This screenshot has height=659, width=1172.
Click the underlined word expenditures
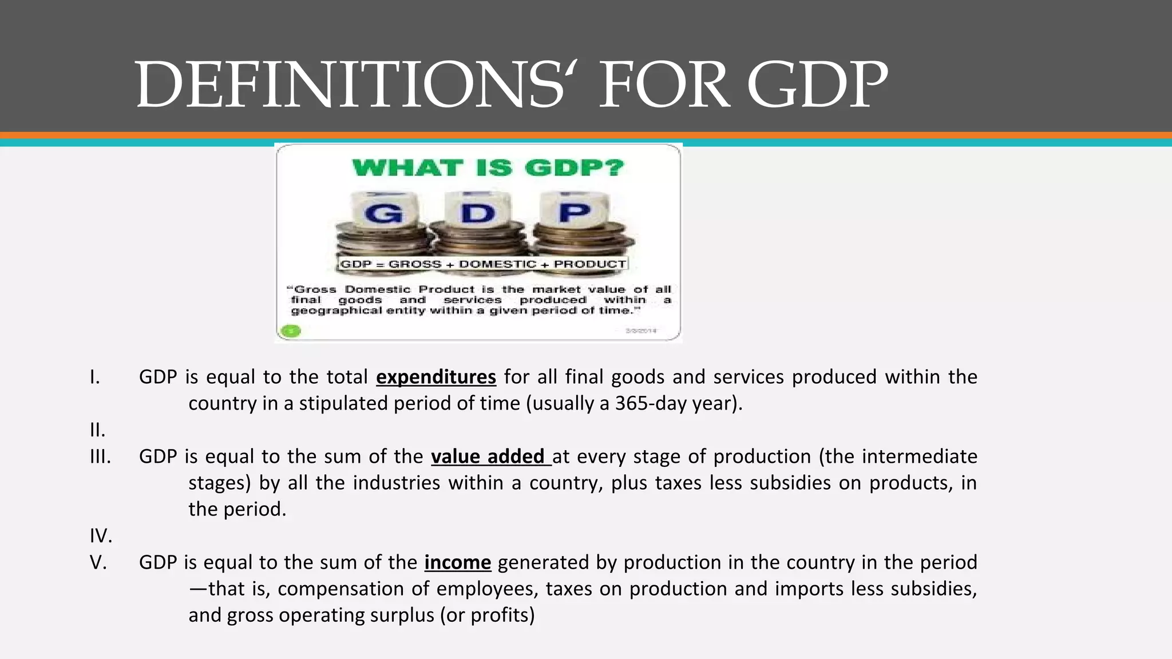435,377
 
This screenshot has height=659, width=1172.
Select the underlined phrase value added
490,456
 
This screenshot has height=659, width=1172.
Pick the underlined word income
457,562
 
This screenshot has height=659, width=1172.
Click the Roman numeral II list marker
97,430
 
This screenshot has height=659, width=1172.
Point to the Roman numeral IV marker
101,536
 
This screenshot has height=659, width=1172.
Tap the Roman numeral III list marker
100,456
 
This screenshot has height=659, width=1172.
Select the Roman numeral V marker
98,562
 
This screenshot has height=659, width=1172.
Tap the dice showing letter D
478,213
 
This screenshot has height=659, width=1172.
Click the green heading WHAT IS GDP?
488,168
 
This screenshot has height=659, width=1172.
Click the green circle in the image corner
292,331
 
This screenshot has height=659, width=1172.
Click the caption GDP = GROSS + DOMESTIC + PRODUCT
483,264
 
